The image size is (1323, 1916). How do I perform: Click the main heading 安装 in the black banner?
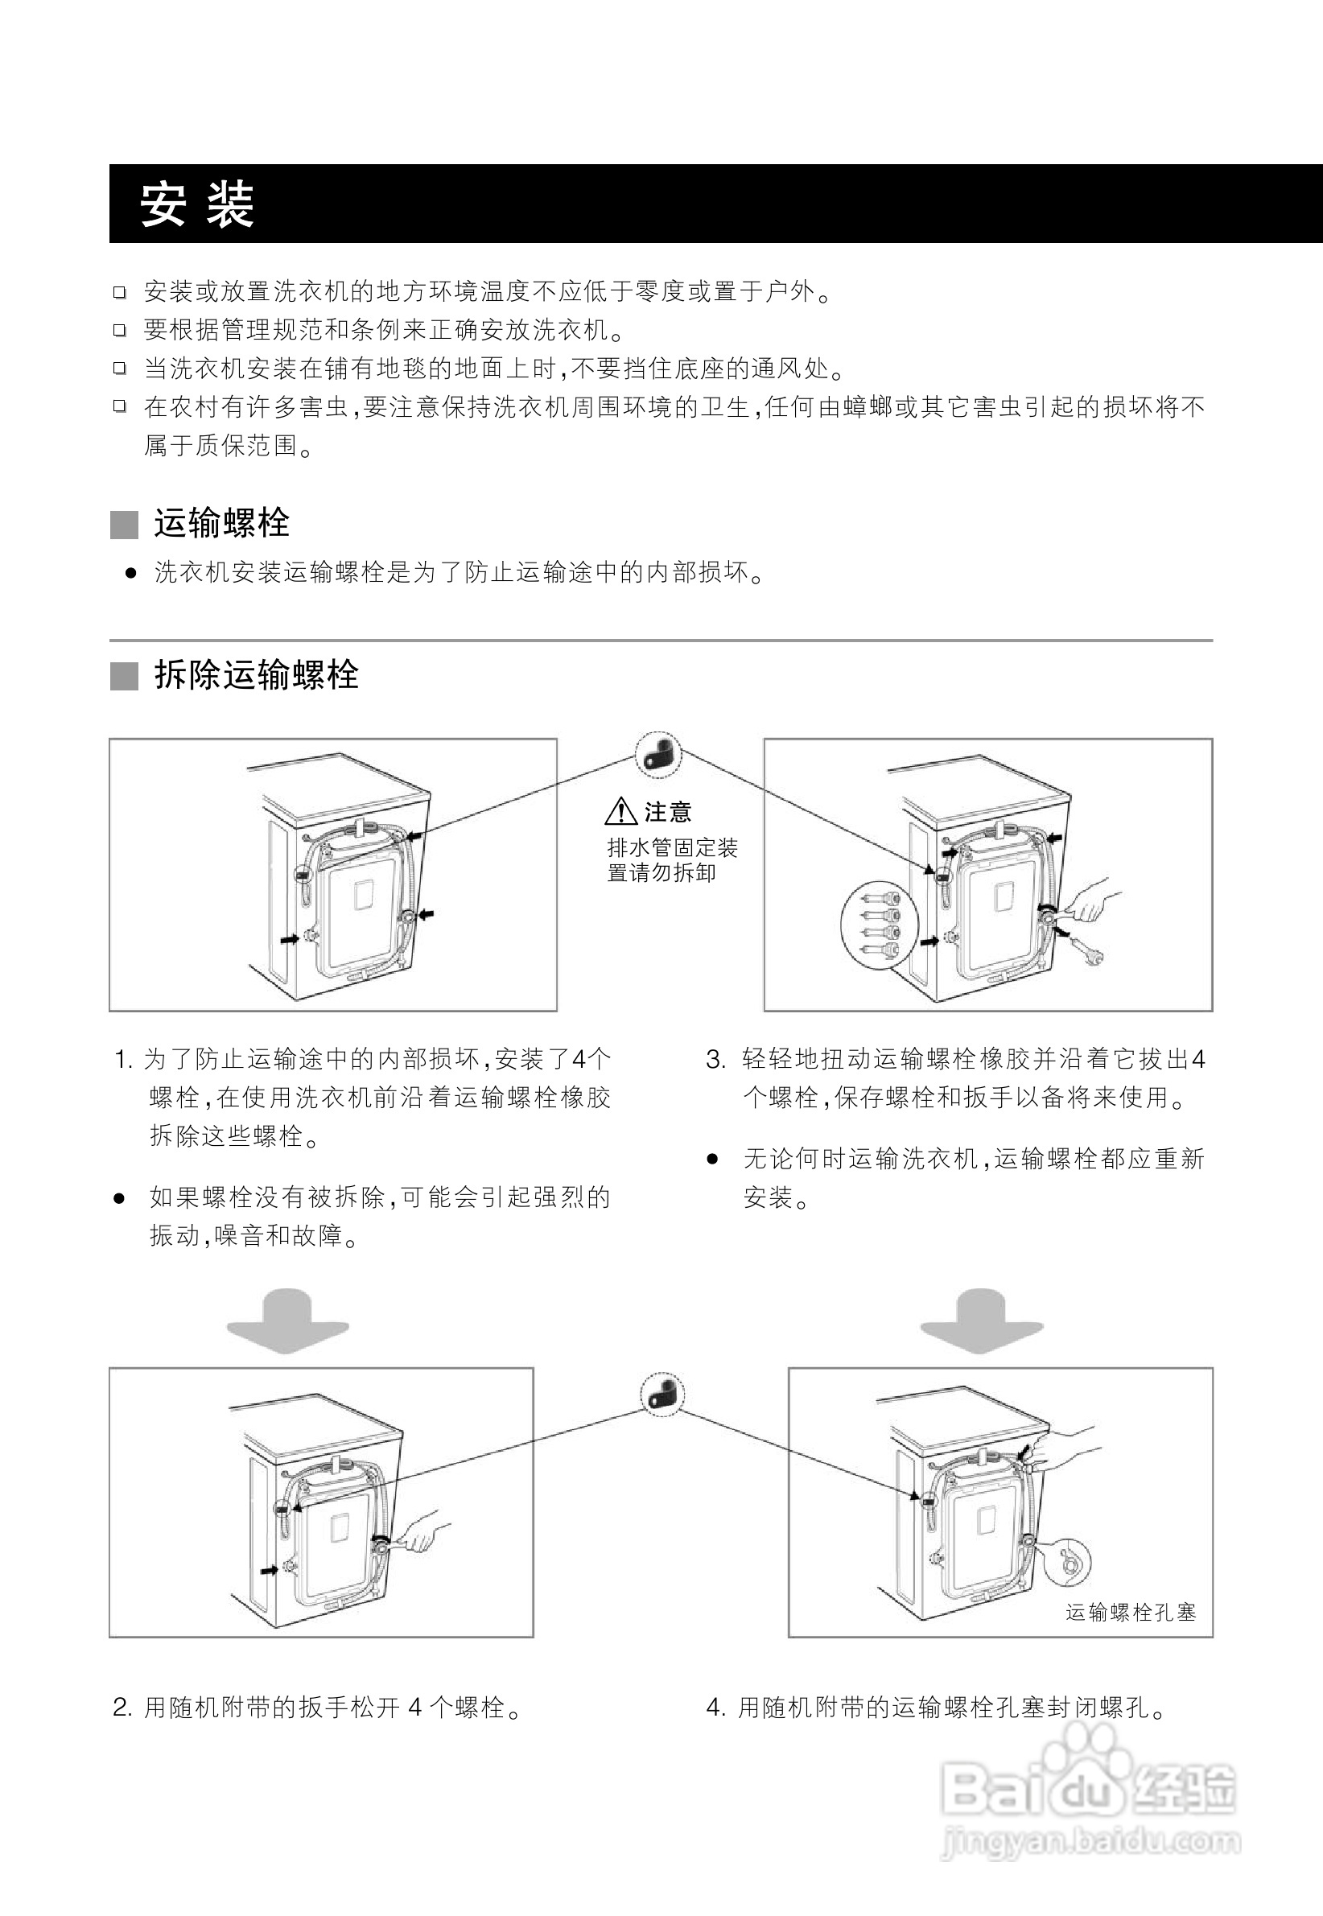(196, 204)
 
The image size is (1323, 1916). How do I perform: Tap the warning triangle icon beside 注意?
(620, 811)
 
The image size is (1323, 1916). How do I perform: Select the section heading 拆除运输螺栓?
(256, 675)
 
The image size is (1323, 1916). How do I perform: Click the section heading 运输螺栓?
(221, 524)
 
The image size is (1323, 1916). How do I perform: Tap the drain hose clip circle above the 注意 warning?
(658, 755)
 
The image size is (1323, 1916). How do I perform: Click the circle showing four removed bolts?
(880, 925)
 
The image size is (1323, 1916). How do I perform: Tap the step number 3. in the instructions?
(715, 1060)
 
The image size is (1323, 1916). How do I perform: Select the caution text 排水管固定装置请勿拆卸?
(672, 860)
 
